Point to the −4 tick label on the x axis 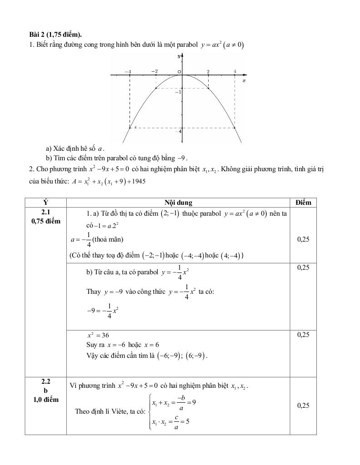128,71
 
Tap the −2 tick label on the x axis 155,71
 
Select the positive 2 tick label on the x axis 208,71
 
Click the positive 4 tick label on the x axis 235,71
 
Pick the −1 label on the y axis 178,92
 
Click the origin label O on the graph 179,72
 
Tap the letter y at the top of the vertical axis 179,56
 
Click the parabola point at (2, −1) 209,88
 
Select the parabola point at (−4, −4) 130,128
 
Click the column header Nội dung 178,203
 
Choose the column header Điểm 303,203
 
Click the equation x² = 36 98,335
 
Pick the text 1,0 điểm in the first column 45,400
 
